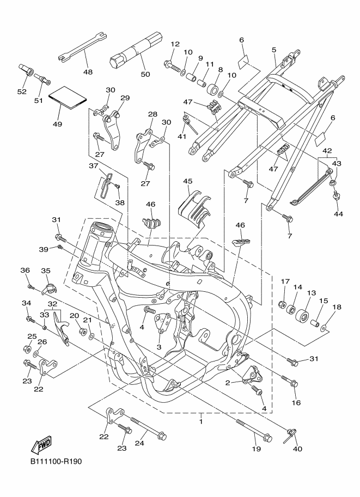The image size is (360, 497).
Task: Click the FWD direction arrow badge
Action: pos(41,446)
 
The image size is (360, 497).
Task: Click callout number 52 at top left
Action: pos(22,91)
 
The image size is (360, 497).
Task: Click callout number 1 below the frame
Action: pos(201,421)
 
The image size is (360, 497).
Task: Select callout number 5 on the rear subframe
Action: pos(274,50)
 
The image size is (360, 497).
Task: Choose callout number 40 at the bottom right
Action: pos(297,449)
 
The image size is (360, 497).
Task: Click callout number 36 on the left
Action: pos(25,271)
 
